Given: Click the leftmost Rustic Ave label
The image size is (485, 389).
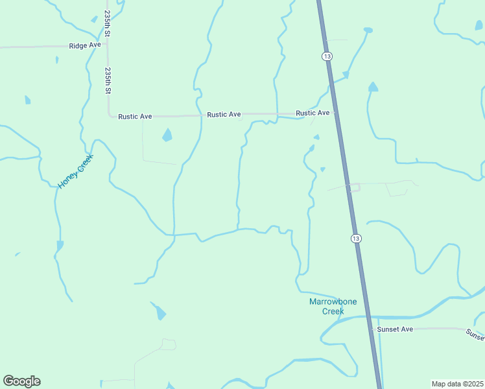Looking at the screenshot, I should point(135,117).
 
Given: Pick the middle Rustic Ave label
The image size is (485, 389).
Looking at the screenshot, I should point(224,115).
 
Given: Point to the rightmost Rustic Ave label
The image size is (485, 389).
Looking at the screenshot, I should point(313,113).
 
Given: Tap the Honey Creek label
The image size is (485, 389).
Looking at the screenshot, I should point(76,171).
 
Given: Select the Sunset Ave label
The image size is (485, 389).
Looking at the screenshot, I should point(395,329).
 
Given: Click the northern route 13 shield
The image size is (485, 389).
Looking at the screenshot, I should point(327,56).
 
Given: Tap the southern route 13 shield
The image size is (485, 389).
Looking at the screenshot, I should point(356,239).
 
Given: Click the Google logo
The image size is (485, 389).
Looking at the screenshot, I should point(21,381).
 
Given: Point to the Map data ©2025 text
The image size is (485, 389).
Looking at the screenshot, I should point(457,384).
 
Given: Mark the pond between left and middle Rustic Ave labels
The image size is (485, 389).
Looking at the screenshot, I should point(167,136).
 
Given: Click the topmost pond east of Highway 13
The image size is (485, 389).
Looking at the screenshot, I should point(368,30).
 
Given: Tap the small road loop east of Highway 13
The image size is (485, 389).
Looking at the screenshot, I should point(353,188).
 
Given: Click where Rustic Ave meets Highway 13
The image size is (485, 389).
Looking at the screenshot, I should point(335,112).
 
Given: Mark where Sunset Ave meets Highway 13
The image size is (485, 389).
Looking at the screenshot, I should point(372,329).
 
